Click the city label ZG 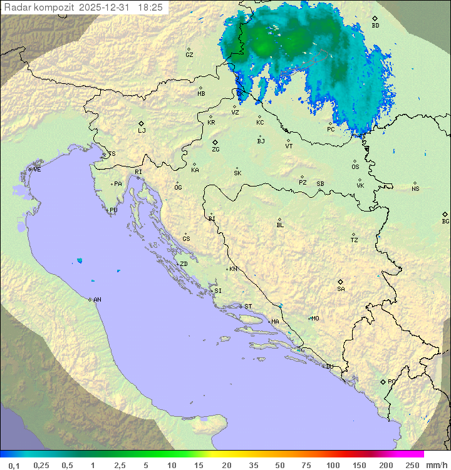tap(215, 150)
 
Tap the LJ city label tap(142, 131)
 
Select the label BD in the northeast tap(375, 26)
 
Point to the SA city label tap(341, 289)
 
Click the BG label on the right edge tap(445, 222)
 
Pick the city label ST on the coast tap(248, 307)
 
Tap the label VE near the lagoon tap(37, 170)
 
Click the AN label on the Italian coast tap(97, 300)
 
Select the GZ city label tap(189, 55)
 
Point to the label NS tap(415, 189)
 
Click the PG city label tap(391, 381)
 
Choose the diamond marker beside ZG tap(215, 142)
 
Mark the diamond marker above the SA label tap(341, 282)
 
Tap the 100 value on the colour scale tap(333, 465)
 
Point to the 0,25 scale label tap(41, 465)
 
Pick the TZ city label tap(355, 240)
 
